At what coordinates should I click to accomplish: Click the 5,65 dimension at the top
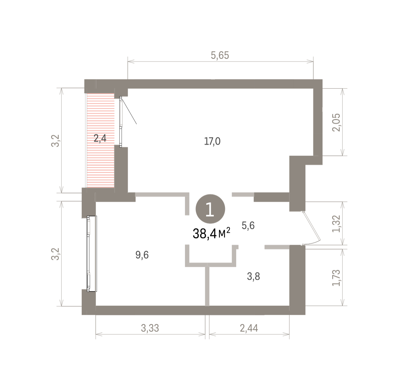220,55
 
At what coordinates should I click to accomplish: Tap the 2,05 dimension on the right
336,122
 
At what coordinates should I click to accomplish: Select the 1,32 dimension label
336,224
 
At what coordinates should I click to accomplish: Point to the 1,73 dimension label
336,278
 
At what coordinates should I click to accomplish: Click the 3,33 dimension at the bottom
150,328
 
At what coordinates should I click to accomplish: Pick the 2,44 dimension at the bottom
249,328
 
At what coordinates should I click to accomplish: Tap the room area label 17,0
212,141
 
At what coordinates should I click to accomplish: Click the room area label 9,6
142,255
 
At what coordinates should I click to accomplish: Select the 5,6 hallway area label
248,226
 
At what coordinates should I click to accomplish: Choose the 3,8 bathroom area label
253,276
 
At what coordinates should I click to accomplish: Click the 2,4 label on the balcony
100,138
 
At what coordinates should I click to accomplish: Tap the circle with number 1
210,209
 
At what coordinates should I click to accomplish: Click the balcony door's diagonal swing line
129,112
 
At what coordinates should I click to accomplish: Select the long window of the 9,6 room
92,254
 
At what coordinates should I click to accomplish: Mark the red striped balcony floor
100,141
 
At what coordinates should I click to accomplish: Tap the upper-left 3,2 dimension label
55,141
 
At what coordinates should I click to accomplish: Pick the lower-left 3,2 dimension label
55,254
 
